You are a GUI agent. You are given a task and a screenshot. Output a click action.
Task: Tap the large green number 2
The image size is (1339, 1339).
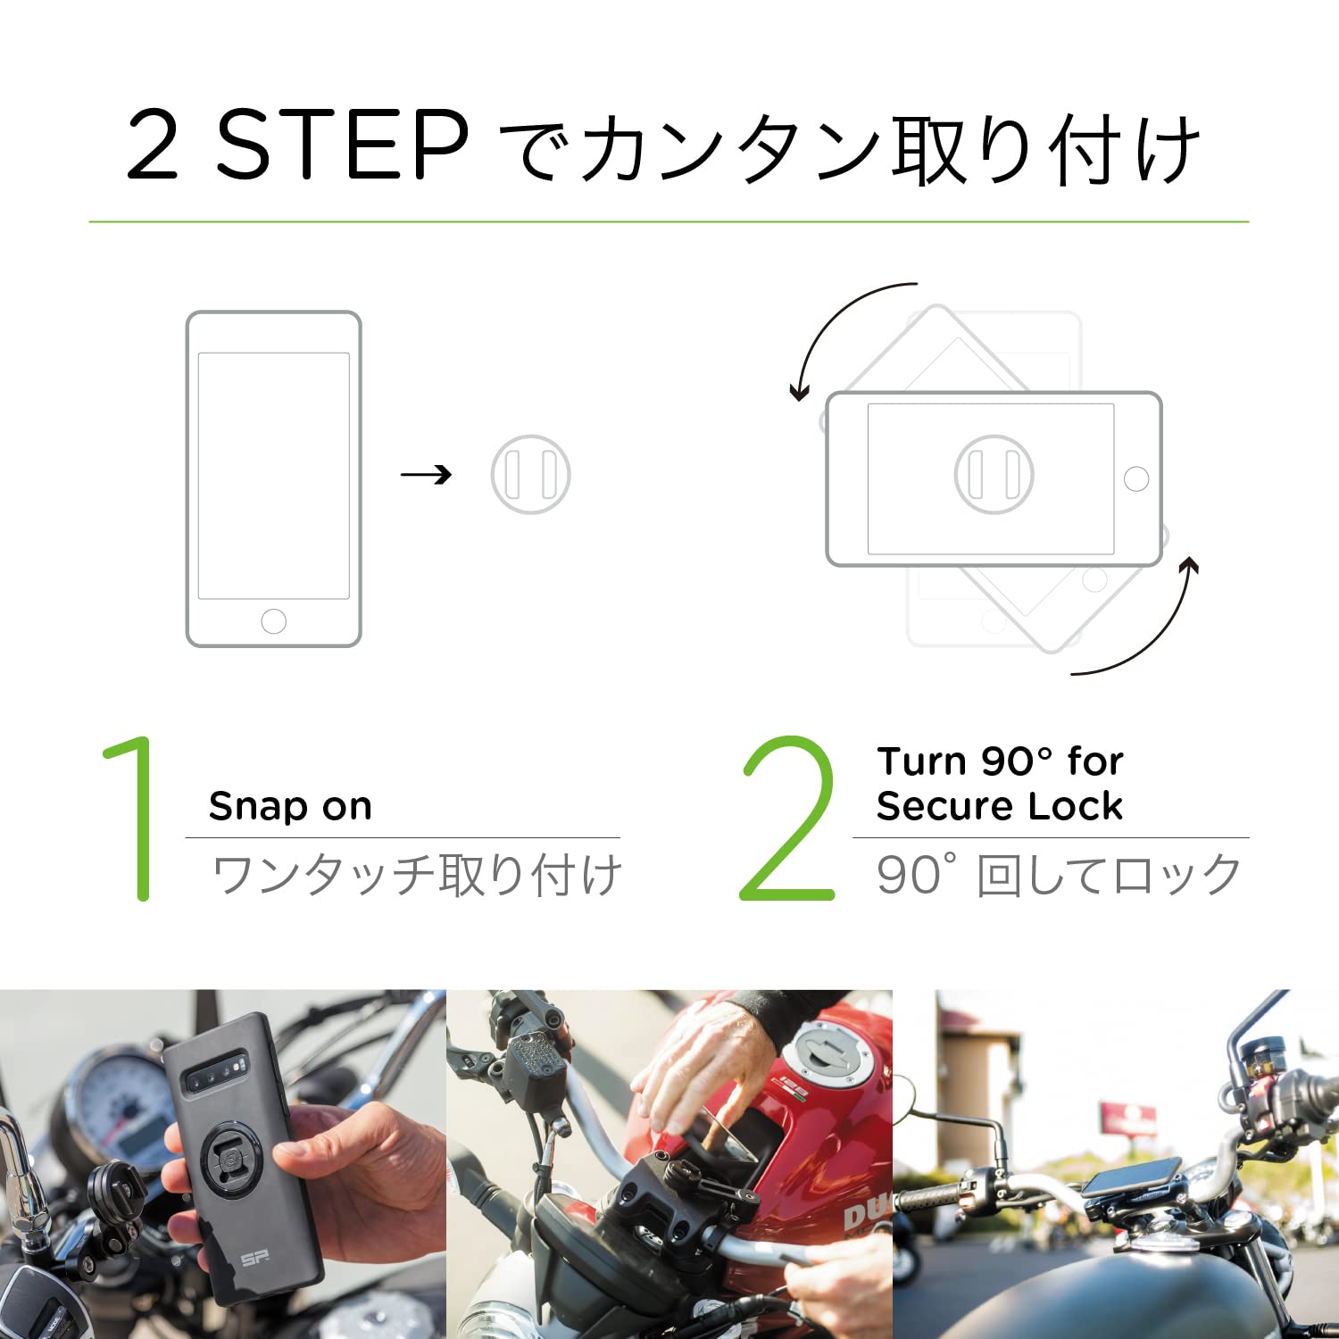pyautogui.click(x=787, y=819)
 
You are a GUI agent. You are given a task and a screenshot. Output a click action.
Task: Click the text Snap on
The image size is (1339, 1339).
pyautogui.click(x=290, y=806)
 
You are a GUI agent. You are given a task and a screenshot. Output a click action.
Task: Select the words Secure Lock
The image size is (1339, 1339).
pyautogui.click(x=999, y=806)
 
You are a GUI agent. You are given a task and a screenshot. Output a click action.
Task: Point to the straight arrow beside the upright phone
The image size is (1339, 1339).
pyautogui.click(x=426, y=475)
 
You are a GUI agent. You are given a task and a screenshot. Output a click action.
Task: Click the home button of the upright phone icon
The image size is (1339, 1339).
pyautogui.click(x=273, y=620)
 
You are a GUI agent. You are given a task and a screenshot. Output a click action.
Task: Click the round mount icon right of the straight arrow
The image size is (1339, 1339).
pyautogui.click(x=530, y=474)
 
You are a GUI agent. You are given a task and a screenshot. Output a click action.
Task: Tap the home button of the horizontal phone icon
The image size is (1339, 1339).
pyautogui.click(x=1136, y=478)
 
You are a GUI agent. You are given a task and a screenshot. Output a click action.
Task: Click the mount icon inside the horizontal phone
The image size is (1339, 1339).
pyautogui.click(x=994, y=474)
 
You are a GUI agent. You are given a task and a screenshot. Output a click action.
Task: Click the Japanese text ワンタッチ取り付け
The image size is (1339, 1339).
pyautogui.click(x=416, y=875)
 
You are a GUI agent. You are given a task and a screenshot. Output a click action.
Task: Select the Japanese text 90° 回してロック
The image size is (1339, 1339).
pyautogui.click(x=1059, y=875)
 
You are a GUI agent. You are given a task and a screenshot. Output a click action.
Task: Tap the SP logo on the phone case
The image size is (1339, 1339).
pyautogui.click(x=255, y=1259)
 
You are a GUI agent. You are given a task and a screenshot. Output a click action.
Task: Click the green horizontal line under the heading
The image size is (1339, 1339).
pyautogui.click(x=669, y=221)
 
